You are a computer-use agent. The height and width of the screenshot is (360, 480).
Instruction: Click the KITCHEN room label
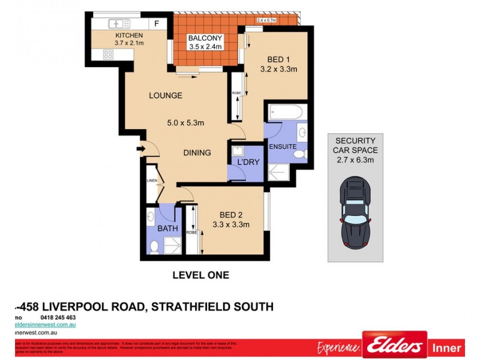(x=129, y=35)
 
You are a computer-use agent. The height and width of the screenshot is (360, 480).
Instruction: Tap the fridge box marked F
(x=157, y=24)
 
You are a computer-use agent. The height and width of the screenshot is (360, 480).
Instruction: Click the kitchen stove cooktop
(x=109, y=54)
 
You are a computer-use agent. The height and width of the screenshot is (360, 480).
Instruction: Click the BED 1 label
(x=278, y=59)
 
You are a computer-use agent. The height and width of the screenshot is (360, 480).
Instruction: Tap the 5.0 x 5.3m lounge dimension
(x=185, y=123)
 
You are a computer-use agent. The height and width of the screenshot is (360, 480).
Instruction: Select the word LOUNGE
(x=166, y=95)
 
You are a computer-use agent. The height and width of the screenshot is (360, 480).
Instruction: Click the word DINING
(x=197, y=153)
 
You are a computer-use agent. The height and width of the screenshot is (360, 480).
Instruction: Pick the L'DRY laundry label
(x=247, y=163)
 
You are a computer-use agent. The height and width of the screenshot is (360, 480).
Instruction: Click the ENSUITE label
(x=283, y=146)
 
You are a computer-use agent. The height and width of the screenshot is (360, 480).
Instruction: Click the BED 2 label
(x=230, y=215)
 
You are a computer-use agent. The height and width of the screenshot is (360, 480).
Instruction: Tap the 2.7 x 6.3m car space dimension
(x=355, y=160)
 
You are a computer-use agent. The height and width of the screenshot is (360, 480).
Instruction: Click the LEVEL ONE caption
(x=200, y=275)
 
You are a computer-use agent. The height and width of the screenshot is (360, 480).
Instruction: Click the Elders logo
(x=394, y=347)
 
